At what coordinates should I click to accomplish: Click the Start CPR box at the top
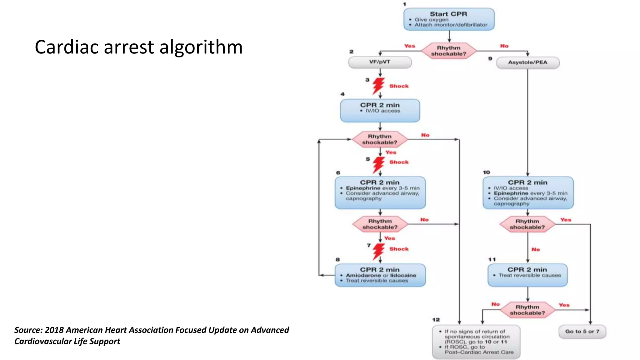[x=449, y=19]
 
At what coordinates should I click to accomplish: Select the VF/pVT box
[x=380, y=62]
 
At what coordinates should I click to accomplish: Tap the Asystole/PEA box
[x=527, y=62]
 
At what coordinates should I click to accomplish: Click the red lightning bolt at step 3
[x=378, y=86]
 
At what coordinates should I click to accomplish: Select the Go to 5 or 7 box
[x=582, y=332]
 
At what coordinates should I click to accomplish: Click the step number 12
[x=436, y=320]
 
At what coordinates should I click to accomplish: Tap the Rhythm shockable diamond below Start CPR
[x=449, y=51]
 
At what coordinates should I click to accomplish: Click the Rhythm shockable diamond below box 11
[x=527, y=310]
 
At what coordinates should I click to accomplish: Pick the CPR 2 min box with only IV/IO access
[x=380, y=110]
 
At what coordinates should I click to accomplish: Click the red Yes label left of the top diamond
[x=409, y=46]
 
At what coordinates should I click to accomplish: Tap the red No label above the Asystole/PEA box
[x=504, y=46]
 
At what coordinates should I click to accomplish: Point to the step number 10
[x=486, y=172]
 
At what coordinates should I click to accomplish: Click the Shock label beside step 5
[x=399, y=162]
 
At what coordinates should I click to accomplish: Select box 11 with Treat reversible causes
[x=527, y=275]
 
